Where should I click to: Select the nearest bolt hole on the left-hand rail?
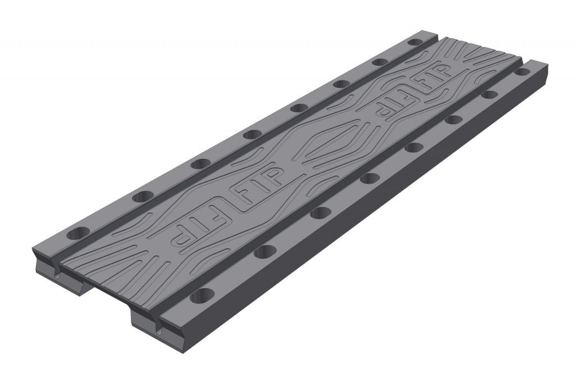[79, 231]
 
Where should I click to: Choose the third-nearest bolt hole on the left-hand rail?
[199, 164]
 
